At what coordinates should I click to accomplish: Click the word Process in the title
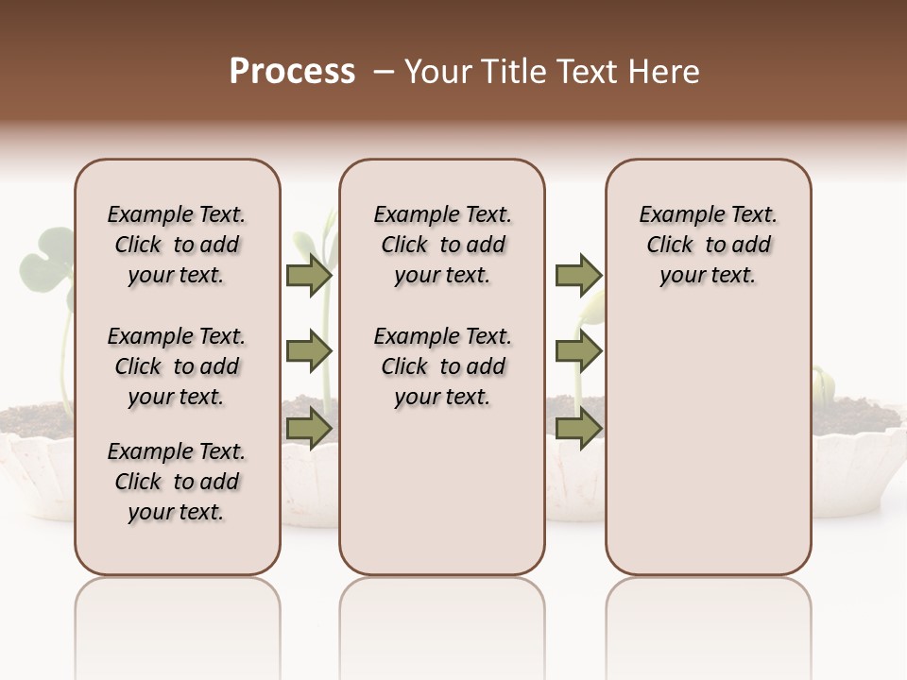[292, 72]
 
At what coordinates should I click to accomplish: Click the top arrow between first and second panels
[308, 275]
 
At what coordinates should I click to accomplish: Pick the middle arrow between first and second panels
[308, 351]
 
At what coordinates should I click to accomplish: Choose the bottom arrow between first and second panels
[308, 429]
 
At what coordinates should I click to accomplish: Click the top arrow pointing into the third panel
[578, 275]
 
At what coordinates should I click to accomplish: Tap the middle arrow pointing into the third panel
[578, 351]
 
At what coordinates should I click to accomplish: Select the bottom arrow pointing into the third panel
[578, 429]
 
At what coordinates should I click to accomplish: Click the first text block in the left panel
[177, 245]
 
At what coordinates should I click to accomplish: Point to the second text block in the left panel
[177, 366]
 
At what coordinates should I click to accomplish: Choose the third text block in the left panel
[177, 482]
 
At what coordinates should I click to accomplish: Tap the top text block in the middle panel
[442, 245]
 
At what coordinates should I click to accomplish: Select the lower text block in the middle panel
[442, 366]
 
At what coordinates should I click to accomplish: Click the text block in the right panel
[708, 245]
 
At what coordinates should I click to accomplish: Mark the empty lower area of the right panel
[708, 444]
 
